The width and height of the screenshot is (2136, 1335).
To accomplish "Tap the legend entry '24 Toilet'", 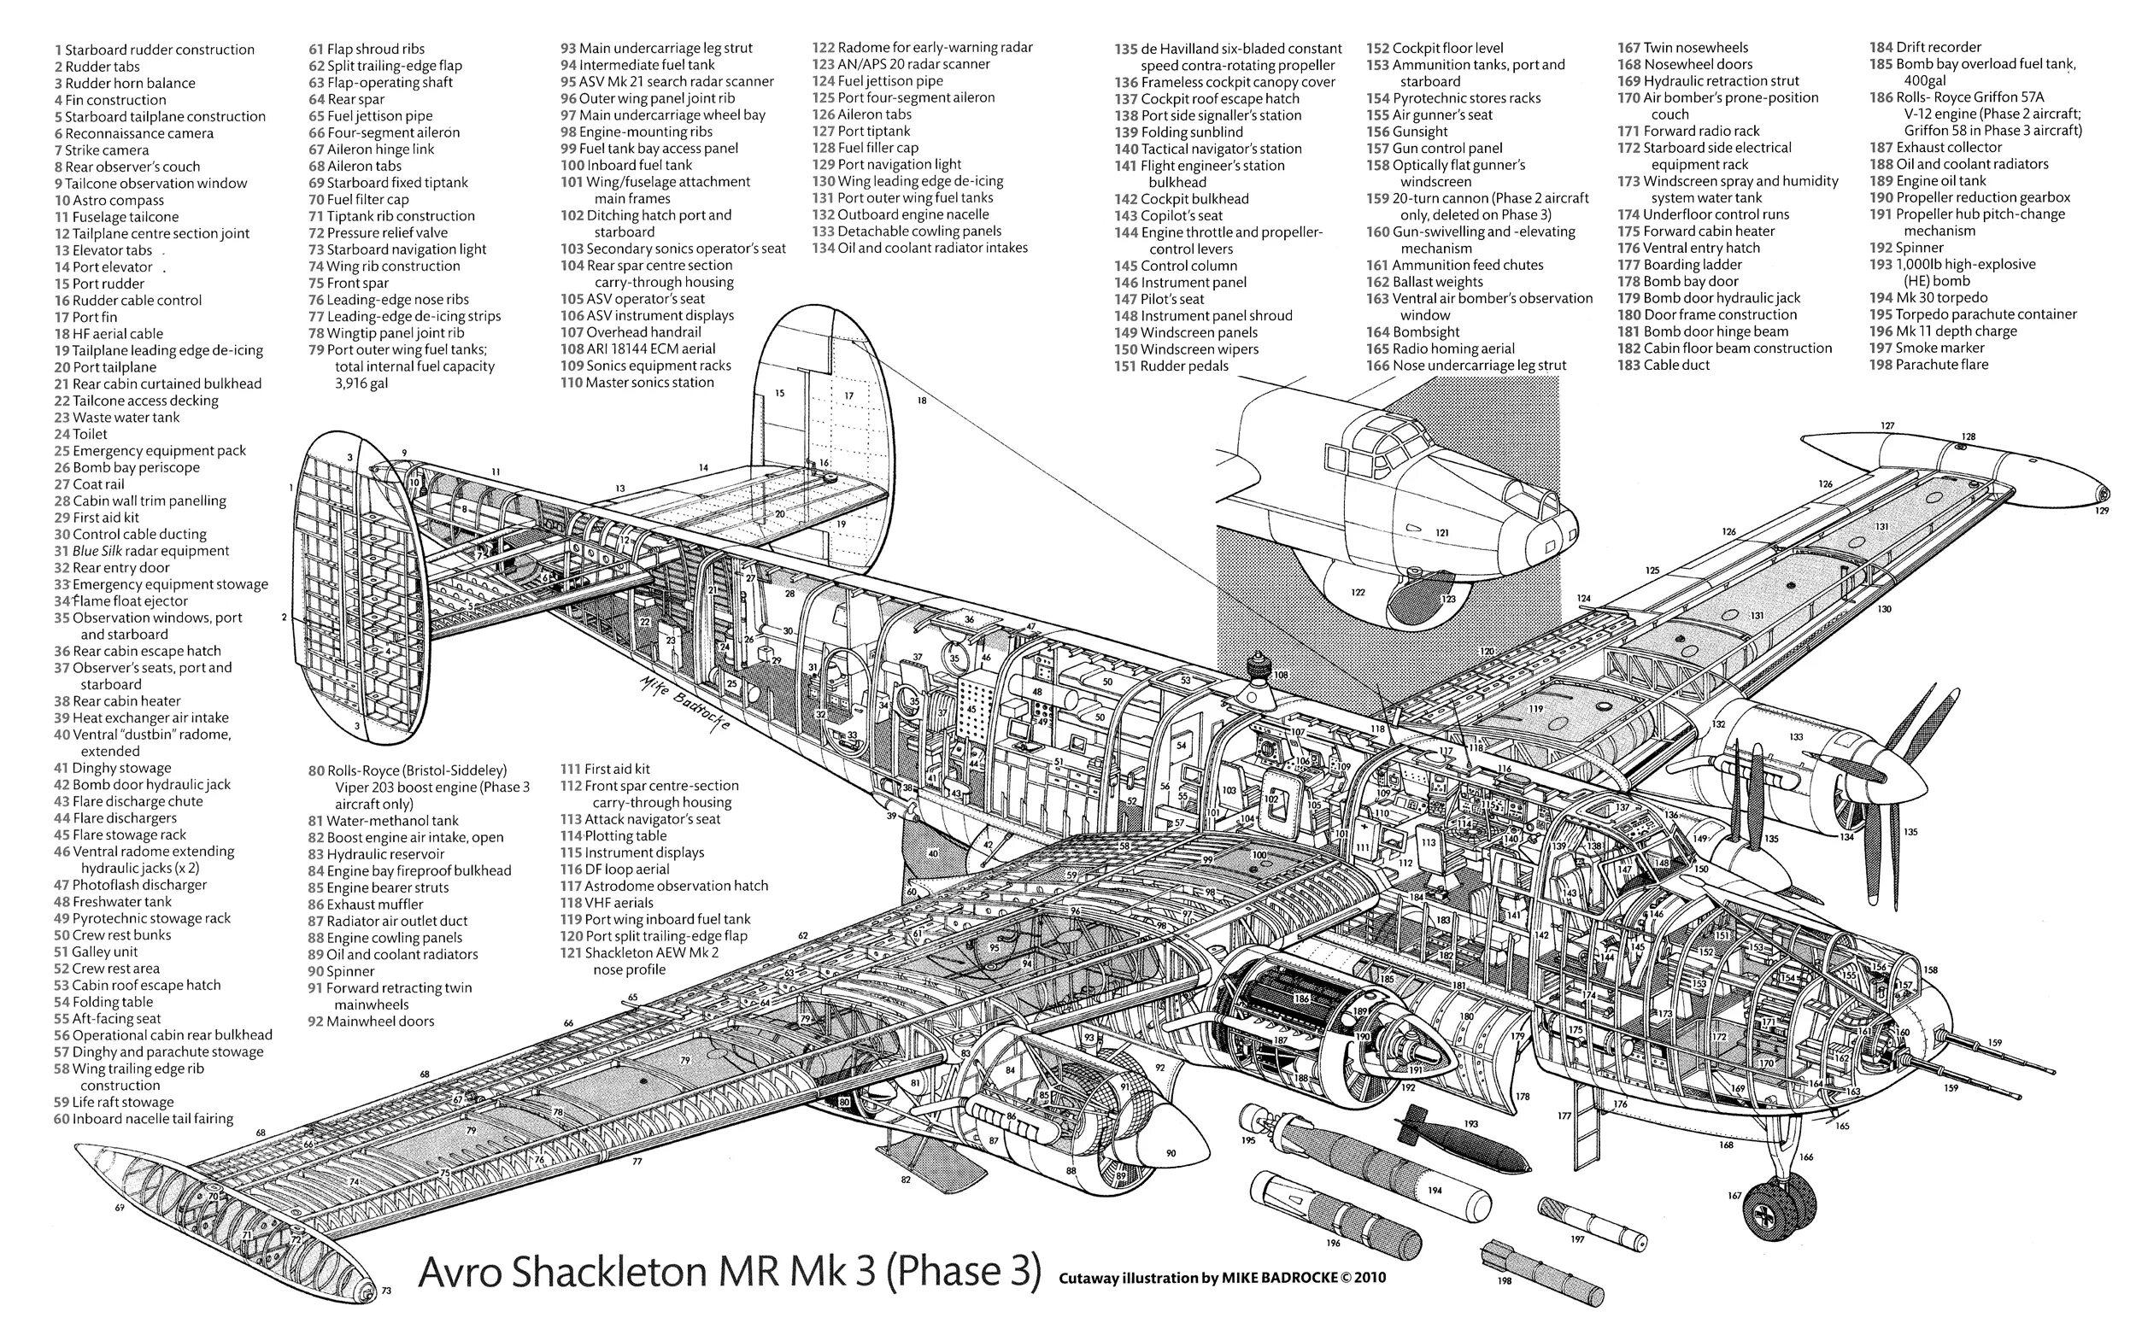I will coord(80,434).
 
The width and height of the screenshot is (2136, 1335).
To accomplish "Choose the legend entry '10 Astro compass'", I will coord(97,201).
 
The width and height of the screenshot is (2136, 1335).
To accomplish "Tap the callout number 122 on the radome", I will coord(1357,593).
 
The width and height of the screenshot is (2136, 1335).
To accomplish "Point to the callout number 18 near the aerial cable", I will coord(922,400).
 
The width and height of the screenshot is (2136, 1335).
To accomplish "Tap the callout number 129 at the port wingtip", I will coord(2103,510).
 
